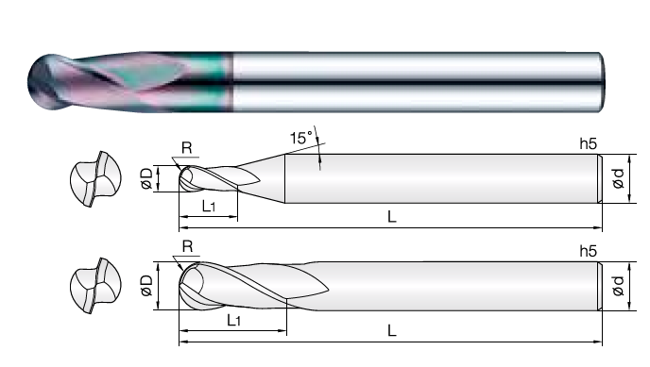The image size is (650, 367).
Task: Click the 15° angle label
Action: pyautogui.click(x=301, y=138)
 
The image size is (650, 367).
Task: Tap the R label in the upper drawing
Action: pyautogui.click(x=187, y=148)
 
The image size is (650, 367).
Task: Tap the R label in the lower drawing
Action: pyautogui.click(x=188, y=246)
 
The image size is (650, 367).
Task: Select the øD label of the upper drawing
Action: pyautogui.click(x=146, y=178)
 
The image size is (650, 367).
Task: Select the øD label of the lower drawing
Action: pyautogui.click(x=146, y=286)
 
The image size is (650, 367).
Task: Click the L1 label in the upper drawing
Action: pyautogui.click(x=209, y=206)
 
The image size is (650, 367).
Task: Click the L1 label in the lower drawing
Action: pyautogui.click(x=233, y=320)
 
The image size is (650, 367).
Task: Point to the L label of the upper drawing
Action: pyautogui.click(x=392, y=216)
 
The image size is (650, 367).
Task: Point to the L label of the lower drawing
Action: pyautogui.click(x=392, y=330)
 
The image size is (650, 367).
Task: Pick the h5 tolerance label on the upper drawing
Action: pyautogui.click(x=589, y=143)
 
